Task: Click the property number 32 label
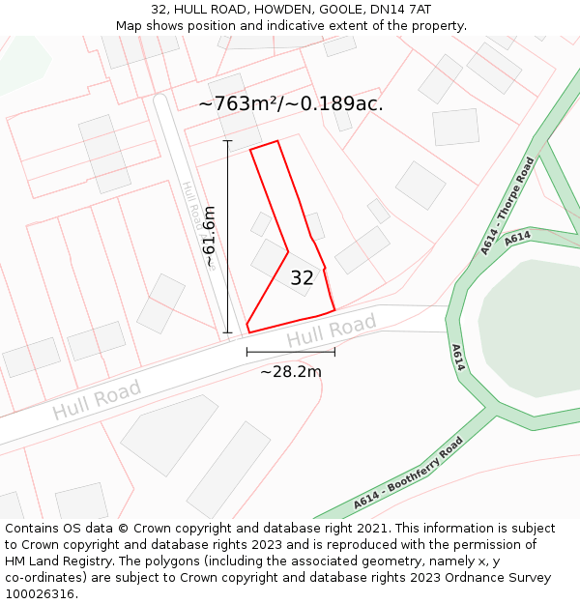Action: [302, 278]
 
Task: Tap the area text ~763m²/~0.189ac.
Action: [291, 103]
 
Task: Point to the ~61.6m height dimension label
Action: [209, 237]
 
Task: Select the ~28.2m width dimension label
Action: [291, 371]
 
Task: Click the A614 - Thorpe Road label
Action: [507, 206]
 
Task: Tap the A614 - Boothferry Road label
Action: [407, 475]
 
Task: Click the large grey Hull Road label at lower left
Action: [97, 399]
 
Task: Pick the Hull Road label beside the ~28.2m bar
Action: [332, 331]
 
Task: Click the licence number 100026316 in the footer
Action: [40, 594]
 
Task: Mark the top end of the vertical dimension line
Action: [228, 141]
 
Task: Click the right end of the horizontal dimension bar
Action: [334, 352]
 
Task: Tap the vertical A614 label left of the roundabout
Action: [458, 358]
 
